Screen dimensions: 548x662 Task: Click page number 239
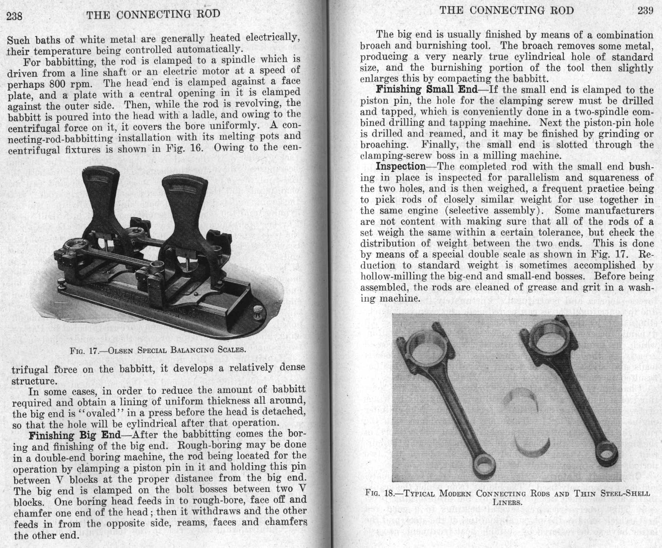645,10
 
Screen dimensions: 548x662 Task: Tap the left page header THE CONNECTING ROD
154,15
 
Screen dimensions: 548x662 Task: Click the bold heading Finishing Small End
427,90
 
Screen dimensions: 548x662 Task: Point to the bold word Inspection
401,167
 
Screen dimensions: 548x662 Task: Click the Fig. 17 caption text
157,350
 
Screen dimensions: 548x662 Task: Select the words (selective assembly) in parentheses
495,211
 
